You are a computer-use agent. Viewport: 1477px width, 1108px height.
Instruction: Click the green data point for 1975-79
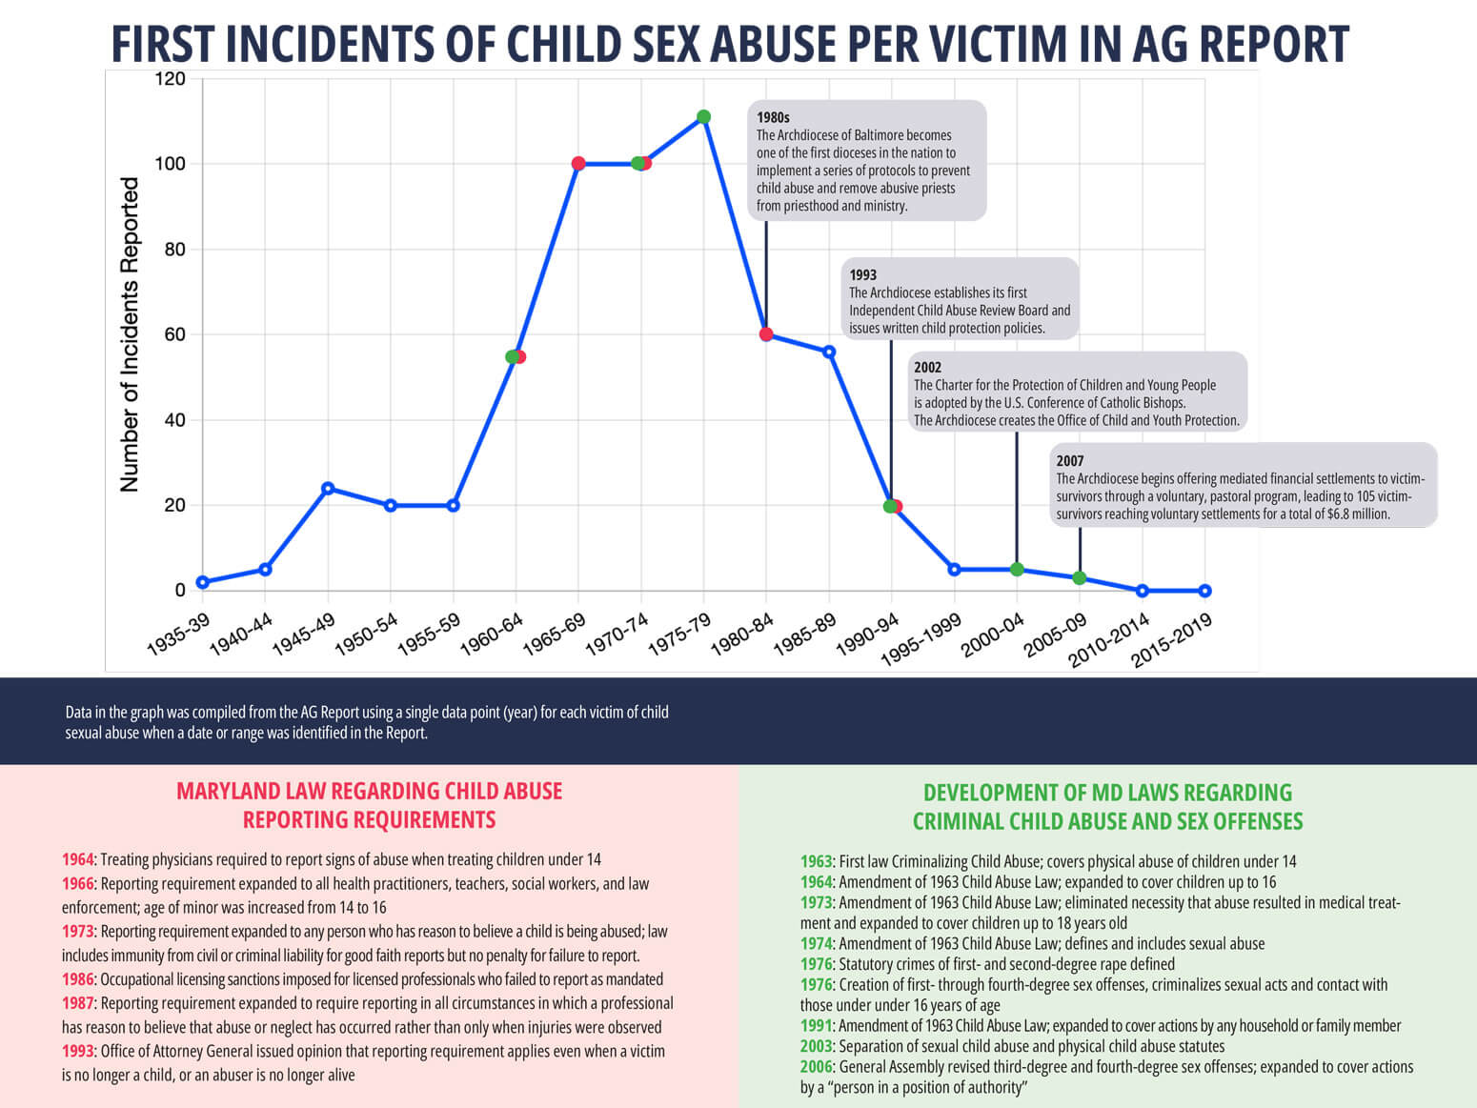703,117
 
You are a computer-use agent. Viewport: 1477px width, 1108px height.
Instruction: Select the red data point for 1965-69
578,164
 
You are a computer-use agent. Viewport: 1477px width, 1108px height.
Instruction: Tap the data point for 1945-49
328,488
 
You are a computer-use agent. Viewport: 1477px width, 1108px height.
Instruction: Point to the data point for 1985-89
829,352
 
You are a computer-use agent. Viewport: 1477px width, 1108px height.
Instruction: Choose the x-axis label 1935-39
178,634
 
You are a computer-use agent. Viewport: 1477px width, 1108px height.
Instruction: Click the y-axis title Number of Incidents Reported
130,334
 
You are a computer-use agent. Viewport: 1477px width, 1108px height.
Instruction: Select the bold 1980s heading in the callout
773,117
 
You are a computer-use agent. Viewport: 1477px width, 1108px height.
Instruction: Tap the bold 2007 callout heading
1070,460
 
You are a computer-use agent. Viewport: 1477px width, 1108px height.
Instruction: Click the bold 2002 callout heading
927,367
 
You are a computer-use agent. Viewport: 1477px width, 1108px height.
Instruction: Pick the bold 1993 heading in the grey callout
863,274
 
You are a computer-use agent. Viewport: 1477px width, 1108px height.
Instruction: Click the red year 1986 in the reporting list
78,979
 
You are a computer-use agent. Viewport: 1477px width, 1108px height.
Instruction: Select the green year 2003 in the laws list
817,1046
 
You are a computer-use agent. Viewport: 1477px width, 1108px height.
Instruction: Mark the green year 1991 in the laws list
817,1026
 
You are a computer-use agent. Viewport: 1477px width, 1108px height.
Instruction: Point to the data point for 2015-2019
1204,591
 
